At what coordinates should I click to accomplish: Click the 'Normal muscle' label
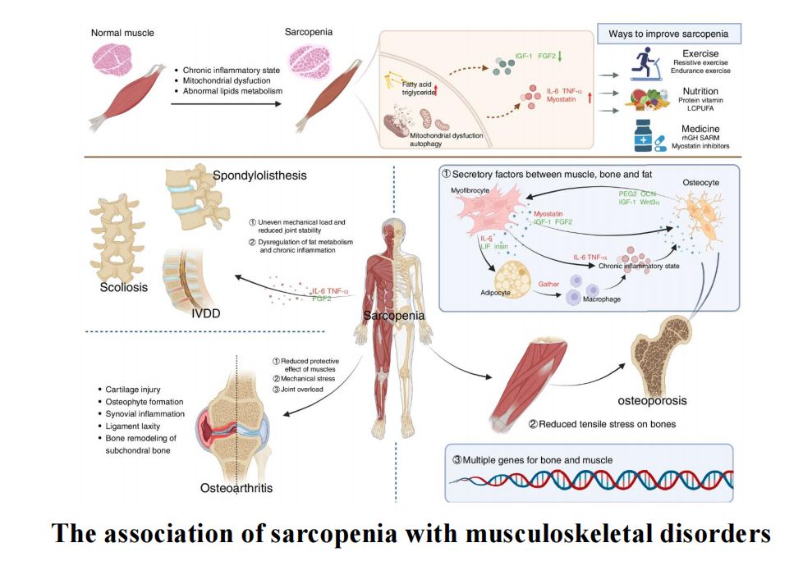click(x=122, y=33)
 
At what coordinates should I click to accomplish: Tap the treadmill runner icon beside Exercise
click(x=646, y=64)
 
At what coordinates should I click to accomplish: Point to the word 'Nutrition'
click(x=700, y=91)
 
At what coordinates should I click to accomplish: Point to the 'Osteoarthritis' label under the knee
click(x=236, y=489)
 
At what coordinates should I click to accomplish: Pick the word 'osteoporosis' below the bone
click(x=652, y=401)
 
